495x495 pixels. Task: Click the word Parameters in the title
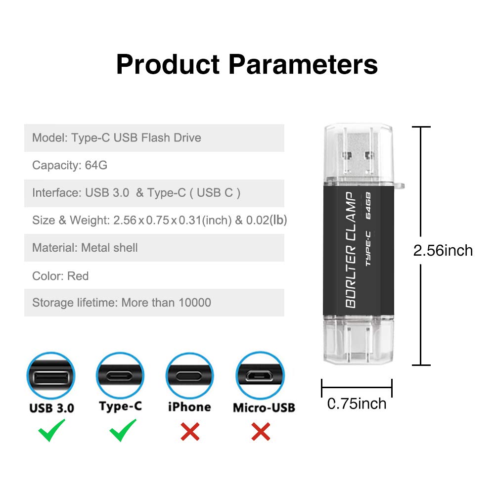(303, 65)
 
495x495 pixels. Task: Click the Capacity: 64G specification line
(70, 165)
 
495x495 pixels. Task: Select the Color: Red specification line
(60, 276)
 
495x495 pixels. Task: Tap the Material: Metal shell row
(154, 248)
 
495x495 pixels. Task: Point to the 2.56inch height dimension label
(443, 251)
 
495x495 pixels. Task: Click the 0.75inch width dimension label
(357, 404)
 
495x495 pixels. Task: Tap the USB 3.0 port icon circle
(51, 376)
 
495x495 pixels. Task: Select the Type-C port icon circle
(120, 375)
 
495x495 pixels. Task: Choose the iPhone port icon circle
(189, 376)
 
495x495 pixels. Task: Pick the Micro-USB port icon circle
(260, 375)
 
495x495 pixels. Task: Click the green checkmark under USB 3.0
(51, 430)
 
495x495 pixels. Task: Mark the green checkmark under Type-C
(123, 430)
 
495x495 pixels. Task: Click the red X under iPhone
(190, 432)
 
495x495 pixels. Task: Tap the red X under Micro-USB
(261, 432)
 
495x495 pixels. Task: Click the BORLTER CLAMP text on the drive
(351, 250)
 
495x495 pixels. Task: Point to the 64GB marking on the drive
(368, 206)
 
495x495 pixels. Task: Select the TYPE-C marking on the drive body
(368, 248)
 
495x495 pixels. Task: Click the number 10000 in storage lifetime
(195, 303)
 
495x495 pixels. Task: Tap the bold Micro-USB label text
(264, 407)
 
